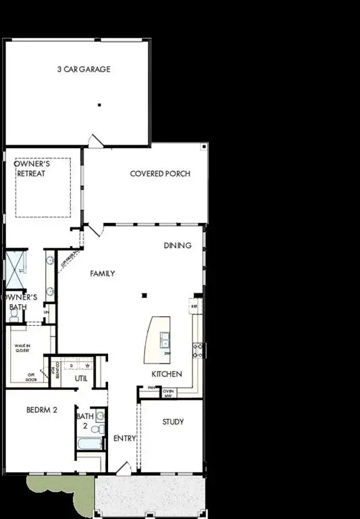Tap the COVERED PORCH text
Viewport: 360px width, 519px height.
[160, 174]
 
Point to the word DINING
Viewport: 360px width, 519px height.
[178, 245]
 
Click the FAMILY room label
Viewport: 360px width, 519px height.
[103, 274]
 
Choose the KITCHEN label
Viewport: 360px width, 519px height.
[166, 374]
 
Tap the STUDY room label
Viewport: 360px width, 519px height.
[173, 422]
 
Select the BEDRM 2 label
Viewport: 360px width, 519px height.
[41, 410]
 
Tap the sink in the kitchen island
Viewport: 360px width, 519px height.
[165, 339]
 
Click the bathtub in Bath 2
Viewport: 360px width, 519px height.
[89, 444]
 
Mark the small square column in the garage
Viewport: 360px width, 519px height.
[99, 105]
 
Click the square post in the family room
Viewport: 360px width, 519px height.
[143, 295]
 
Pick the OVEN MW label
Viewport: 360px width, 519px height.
[169, 393]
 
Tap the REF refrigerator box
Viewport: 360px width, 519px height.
[194, 306]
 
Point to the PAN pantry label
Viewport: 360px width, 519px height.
[151, 388]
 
